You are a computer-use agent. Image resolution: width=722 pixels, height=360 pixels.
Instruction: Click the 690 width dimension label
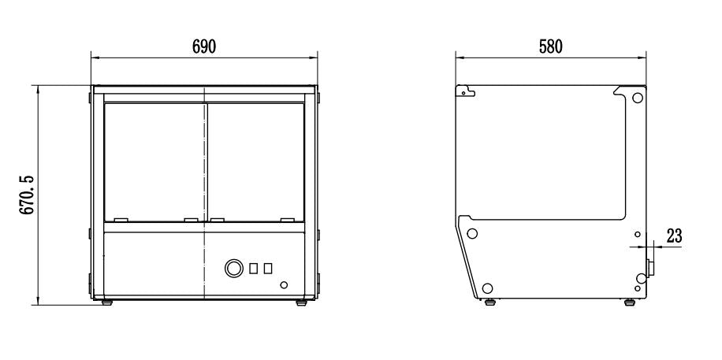pyautogui.click(x=204, y=46)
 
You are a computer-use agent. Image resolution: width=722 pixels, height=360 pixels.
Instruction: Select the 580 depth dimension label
pyautogui.click(x=550, y=46)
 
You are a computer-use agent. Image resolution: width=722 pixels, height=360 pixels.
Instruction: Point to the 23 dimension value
pyautogui.click(x=674, y=235)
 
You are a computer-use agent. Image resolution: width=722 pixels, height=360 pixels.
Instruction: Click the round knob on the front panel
pyautogui.click(x=233, y=269)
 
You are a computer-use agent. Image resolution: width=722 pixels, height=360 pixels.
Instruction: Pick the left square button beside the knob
pyautogui.click(x=254, y=269)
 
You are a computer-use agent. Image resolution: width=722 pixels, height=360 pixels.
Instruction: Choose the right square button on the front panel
pyautogui.click(x=268, y=269)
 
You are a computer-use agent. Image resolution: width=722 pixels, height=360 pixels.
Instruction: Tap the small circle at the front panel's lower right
pyautogui.click(x=284, y=284)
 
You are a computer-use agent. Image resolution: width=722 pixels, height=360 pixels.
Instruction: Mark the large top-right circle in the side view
pyautogui.click(x=637, y=98)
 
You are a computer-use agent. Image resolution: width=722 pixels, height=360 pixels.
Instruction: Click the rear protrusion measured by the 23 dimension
pyautogui.click(x=650, y=268)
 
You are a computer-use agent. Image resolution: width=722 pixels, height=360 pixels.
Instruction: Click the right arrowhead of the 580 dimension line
pyautogui.click(x=644, y=57)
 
